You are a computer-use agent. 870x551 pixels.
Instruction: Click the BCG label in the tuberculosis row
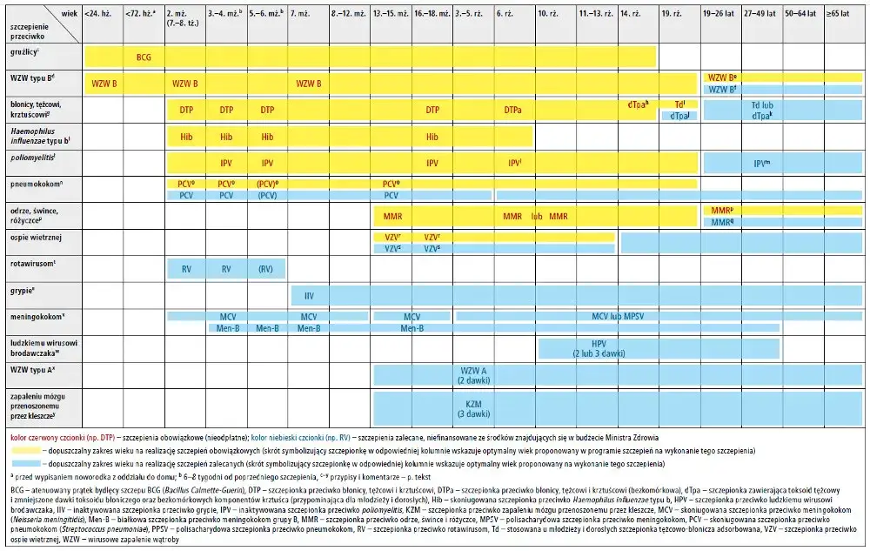[x=144, y=57]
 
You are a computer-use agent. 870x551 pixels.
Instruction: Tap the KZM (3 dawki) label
[x=474, y=409]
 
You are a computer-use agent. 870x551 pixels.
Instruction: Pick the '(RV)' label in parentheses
[x=267, y=270]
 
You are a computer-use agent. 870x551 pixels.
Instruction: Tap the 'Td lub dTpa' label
[x=762, y=110]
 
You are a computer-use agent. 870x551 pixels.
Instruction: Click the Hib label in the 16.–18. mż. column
[x=432, y=137]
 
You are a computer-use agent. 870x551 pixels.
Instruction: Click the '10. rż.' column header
[x=548, y=15]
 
